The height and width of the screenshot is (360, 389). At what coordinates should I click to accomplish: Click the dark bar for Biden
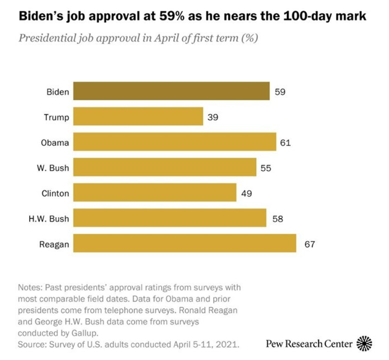[x=172, y=91]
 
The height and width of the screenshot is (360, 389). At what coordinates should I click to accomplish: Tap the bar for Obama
[x=175, y=142]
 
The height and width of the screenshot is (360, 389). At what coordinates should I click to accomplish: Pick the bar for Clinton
[x=155, y=193]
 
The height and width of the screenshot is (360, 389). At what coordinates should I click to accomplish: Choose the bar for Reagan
[x=185, y=243]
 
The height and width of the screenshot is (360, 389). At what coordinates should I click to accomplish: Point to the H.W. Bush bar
[x=170, y=218]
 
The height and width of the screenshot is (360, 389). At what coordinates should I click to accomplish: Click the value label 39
[x=213, y=117]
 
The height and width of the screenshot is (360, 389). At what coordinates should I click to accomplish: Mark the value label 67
[x=310, y=244]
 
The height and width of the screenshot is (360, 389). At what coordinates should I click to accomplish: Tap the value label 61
[x=286, y=142]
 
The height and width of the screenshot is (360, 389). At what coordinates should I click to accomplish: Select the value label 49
[x=246, y=193]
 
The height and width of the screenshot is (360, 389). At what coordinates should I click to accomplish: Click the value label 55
[x=266, y=168]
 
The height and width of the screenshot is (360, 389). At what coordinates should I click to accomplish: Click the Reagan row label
[x=54, y=244]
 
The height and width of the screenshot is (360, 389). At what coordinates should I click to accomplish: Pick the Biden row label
[x=57, y=91]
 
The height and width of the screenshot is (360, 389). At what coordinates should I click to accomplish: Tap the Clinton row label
[x=55, y=193]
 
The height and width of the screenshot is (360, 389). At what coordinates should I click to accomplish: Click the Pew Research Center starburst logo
[x=365, y=344]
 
